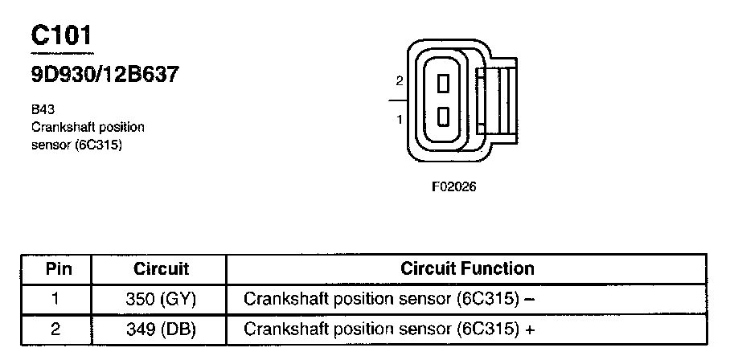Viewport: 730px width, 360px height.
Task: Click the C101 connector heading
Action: (x=61, y=35)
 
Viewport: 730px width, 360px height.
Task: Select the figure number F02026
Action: (x=454, y=187)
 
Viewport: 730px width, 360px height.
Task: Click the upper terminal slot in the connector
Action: (x=442, y=82)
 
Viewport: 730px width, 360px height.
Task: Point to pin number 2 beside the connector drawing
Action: (x=399, y=81)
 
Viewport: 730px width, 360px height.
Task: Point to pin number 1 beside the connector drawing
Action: (x=399, y=119)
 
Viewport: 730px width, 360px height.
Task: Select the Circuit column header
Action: (x=161, y=269)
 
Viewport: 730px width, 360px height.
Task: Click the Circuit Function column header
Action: (x=467, y=268)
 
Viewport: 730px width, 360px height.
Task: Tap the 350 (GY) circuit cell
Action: (x=161, y=300)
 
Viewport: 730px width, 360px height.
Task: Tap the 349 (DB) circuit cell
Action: (x=161, y=329)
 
